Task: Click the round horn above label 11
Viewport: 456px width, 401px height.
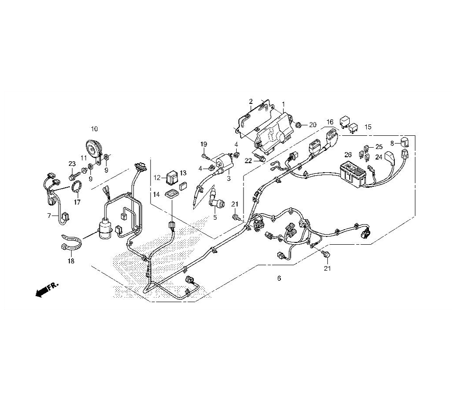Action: pos(94,149)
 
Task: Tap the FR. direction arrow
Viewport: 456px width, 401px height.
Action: pos(47,288)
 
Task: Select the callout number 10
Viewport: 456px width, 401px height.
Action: pos(94,129)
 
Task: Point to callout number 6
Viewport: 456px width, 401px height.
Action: pos(279,278)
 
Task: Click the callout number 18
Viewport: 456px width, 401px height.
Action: pos(71,261)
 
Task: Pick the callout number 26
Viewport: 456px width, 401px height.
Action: pos(348,154)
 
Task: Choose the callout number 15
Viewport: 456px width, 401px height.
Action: pos(368,127)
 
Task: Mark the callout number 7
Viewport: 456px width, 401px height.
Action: pos(49,216)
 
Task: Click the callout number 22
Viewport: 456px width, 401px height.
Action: pos(248,161)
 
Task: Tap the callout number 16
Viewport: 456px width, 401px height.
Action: pos(330,122)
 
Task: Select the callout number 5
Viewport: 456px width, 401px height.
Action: pos(215,217)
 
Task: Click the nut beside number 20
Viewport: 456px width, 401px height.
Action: pos(298,125)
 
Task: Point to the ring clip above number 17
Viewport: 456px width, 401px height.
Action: pos(77,186)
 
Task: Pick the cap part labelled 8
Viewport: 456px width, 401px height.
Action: pos(405,142)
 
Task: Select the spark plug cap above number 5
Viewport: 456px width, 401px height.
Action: pos(216,199)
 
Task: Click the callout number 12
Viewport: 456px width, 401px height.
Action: pos(157,177)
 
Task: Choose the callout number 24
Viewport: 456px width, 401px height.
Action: pos(378,157)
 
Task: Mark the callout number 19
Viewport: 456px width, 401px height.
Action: pos(203,144)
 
